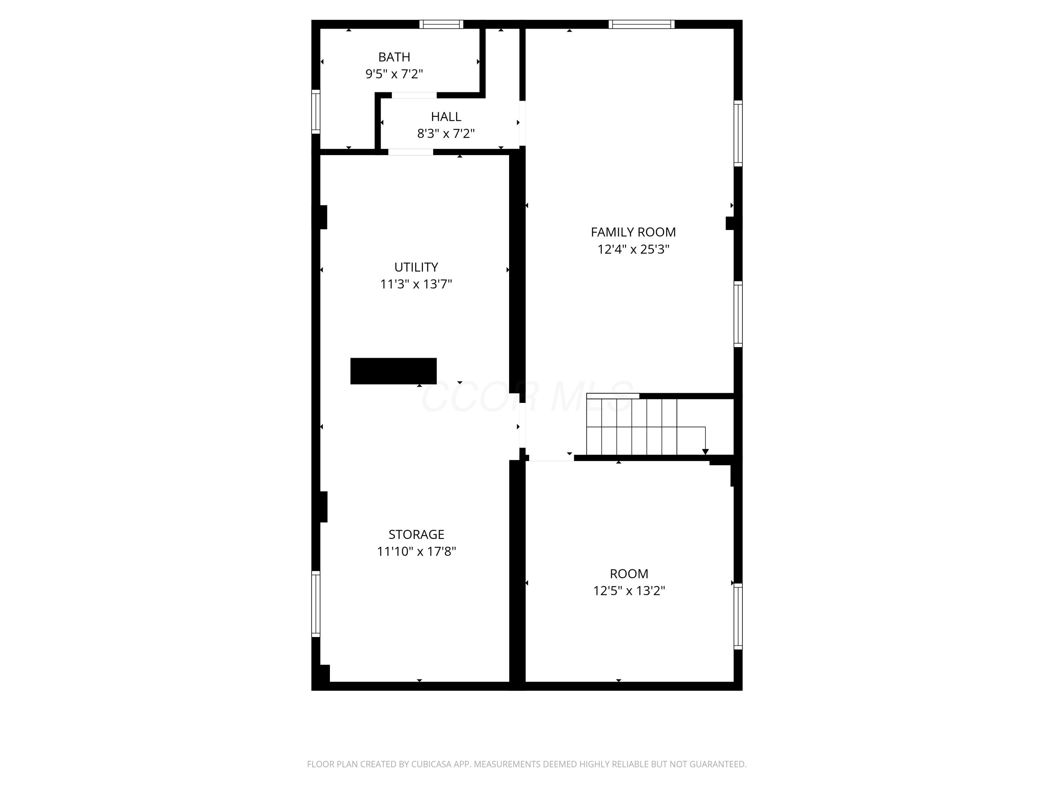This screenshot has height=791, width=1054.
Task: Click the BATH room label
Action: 394,57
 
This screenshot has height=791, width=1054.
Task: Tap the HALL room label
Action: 446,117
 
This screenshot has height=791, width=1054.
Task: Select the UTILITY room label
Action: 416,267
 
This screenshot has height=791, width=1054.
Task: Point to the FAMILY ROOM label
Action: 633,232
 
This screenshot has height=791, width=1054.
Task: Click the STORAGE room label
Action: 416,534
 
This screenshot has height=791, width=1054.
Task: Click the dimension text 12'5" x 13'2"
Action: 629,591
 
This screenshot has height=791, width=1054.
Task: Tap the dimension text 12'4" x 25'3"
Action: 633,249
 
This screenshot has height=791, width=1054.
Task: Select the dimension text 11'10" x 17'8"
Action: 416,552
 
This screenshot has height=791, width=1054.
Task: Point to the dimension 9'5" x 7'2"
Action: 394,74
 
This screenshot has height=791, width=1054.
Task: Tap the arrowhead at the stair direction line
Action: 705,451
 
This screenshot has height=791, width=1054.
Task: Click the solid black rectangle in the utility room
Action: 393,371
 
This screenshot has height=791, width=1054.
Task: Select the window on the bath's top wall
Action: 441,24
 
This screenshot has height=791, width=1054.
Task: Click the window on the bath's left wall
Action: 316,111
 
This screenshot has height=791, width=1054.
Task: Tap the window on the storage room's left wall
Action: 316,604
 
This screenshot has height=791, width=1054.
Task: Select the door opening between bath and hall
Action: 414,95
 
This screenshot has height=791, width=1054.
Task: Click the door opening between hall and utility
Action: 410,152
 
